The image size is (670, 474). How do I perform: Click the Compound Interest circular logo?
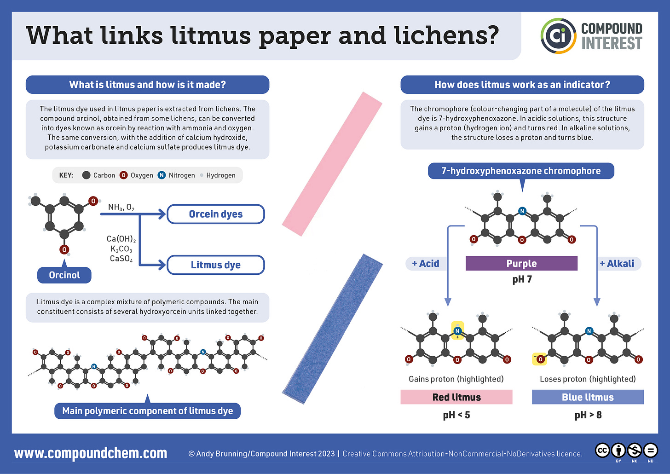(558, 36)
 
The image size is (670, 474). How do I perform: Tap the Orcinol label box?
(64, 275)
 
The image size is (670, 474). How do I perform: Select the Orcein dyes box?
(215, 214)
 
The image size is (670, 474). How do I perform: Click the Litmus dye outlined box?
(215, 265)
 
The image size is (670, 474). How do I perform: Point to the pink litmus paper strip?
(332, 164)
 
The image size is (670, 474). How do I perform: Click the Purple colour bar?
(521, 263)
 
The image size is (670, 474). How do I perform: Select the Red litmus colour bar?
(456, 397)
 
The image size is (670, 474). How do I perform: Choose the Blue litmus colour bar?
(588, 397)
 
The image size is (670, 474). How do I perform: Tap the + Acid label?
(426, 264)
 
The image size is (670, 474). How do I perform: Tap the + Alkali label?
(617, 264)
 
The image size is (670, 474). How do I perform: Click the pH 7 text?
(522, 279)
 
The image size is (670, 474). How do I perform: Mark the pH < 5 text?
(456, 415)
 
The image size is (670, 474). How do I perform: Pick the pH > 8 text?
(588, 415)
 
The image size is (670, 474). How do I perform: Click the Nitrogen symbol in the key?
(162, 175)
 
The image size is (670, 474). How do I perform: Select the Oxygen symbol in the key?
(123, 175)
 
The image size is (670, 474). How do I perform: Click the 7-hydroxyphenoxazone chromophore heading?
(521, 171)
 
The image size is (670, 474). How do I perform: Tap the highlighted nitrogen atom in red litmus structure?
(457, 331)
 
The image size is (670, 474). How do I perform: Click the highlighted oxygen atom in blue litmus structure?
(540, 359)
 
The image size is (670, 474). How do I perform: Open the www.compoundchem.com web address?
(91, 453)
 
